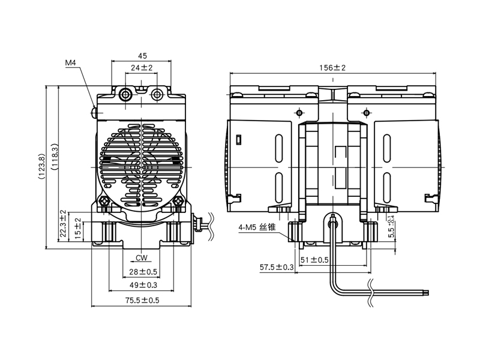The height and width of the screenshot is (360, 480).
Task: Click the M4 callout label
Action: (x=71, y=62)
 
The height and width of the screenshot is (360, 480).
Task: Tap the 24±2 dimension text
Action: (x=142, y=68)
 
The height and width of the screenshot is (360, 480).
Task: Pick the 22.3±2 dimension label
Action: (x=63, y=225)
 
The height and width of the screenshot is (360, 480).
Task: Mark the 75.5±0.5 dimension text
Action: (x=142, y=301)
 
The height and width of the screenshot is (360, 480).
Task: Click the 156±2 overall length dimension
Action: (x=332, y=68)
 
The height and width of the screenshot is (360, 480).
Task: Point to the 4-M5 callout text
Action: (x=257, y=228)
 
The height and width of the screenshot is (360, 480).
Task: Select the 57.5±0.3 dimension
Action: (x=276, y=267)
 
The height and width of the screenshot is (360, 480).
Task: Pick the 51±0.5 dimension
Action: (x=314, y=260)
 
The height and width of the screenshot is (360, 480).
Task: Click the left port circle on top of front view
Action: (x=127, y=95)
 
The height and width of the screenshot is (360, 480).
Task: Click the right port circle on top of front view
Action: (x=157, y=95)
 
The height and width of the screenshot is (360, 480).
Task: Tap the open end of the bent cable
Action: (x=427, y=292)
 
